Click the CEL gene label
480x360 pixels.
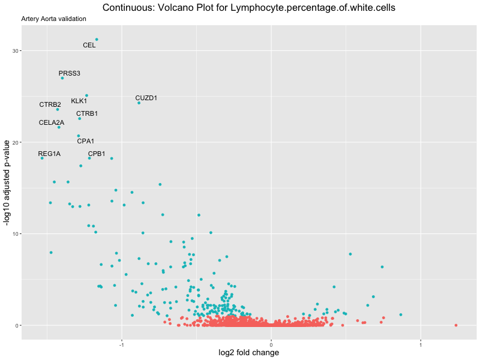(x=89, y=45)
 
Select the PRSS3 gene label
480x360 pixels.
(x=70, y=73)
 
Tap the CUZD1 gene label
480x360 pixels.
(x=146, y=98)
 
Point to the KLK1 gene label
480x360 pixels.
(x=79, y=101)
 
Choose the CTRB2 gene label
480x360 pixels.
(x=50, y=104)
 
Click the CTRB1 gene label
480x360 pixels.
(x=87, y=113)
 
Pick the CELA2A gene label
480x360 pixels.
(x=52, y=122)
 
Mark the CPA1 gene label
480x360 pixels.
(x=86, y=141)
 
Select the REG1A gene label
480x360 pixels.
(x=49, y=154)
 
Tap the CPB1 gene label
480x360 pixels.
(x=97, y=154)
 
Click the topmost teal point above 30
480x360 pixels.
(x=97, y=40)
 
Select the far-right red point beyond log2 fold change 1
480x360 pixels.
(x=456, y=325)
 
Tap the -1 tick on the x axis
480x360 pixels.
(x=122, y=344)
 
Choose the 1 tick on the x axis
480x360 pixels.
(x=421, y=344)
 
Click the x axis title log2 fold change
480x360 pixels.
(x=249, y=353)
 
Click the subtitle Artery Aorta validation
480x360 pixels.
(x=54, y=19)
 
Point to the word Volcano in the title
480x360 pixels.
(x=166, y=8)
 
